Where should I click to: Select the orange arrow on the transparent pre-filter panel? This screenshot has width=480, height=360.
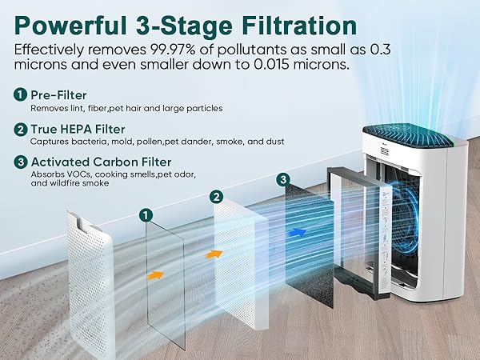tap(157, 274)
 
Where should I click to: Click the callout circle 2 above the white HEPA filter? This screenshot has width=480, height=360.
tap(215, 196)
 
